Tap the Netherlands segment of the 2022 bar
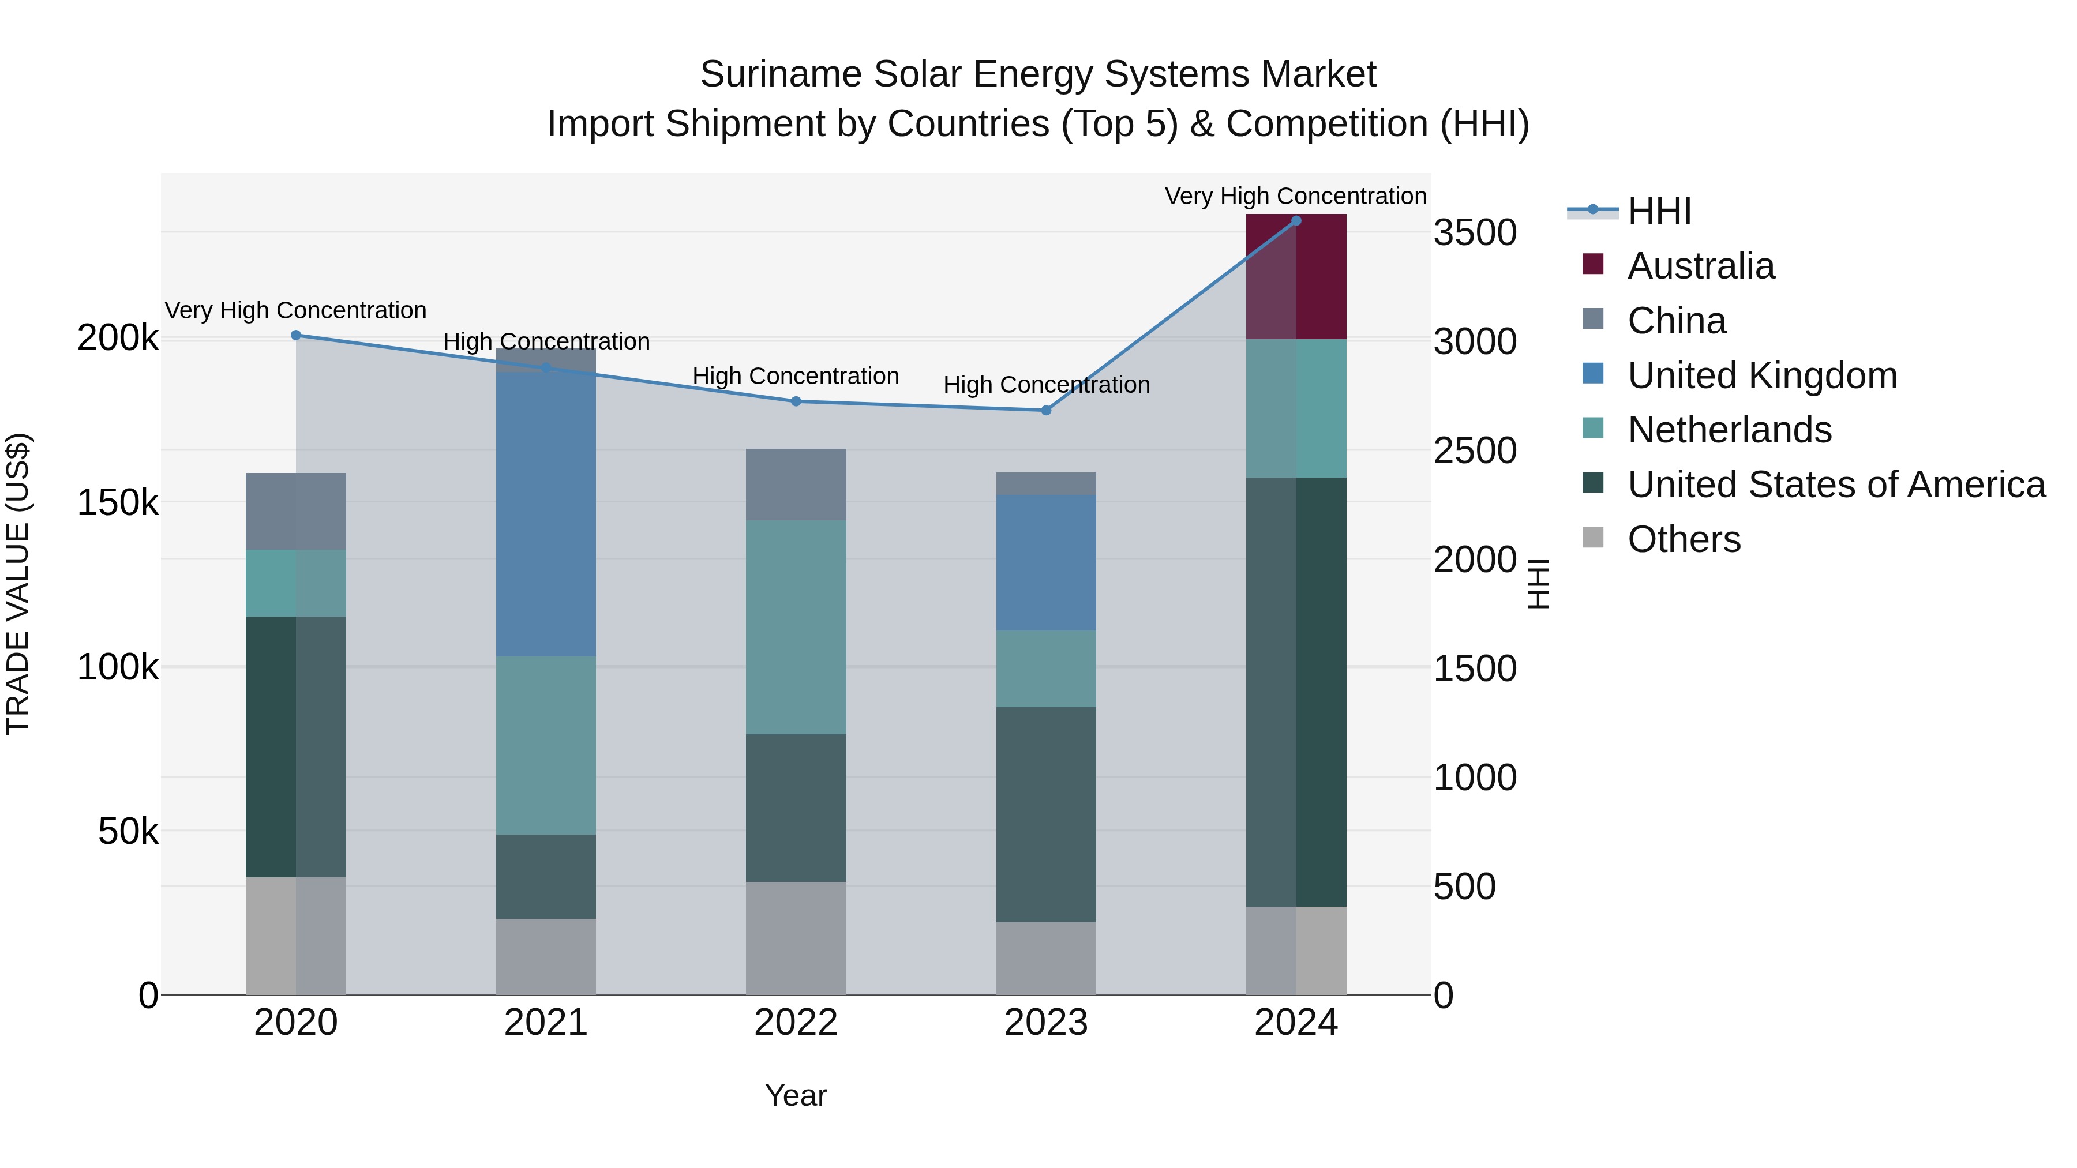click(796, 627)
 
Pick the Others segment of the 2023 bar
click(1046, 959)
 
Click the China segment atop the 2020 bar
click(296, 511)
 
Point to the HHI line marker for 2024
click(1296, 221)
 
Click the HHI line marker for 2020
click(296, 335)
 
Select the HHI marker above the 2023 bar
click(1046, 410)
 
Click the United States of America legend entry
click(1836, 485)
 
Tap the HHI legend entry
click(1659, 211)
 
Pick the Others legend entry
click(1684, 539)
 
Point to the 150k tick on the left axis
click(118, 503)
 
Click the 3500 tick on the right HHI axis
click(1475, 233)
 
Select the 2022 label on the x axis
click(796, 1023)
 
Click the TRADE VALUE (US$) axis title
click(18, 584)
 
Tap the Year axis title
click(796, 1095)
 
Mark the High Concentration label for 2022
click(795, 377)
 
